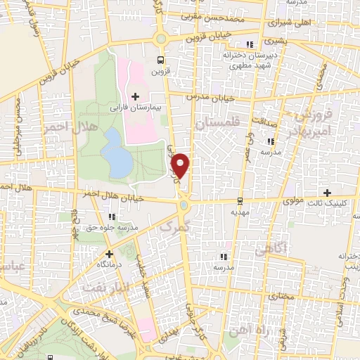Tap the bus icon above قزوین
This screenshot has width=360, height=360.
click(161, 60)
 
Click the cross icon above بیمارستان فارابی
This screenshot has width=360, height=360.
click(136, 96)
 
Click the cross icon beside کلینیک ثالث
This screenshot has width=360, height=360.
click(327, 193)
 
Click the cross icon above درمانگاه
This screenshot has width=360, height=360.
click(109, 254)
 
